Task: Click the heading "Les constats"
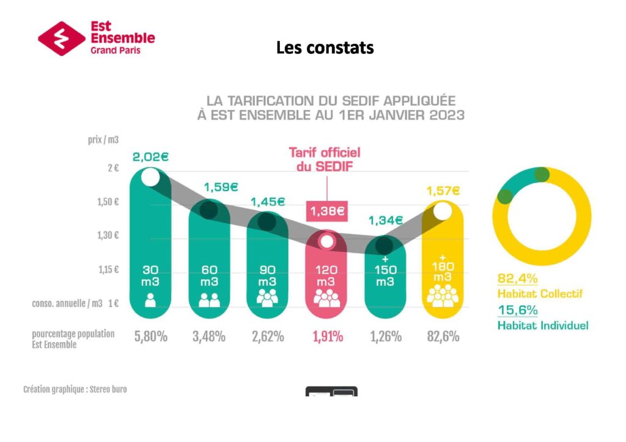click(x=325, y=47)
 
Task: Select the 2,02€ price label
click(x=150, y=157)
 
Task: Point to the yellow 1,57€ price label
click(x=443, y=191)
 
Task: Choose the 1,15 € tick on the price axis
click(x=108, y=269)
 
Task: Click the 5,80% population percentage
click(x=150, y=336)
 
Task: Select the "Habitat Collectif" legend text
click(x=540, y=294)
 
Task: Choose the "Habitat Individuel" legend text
click(x=543, y=325)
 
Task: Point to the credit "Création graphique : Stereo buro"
click(x=75, y=389)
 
